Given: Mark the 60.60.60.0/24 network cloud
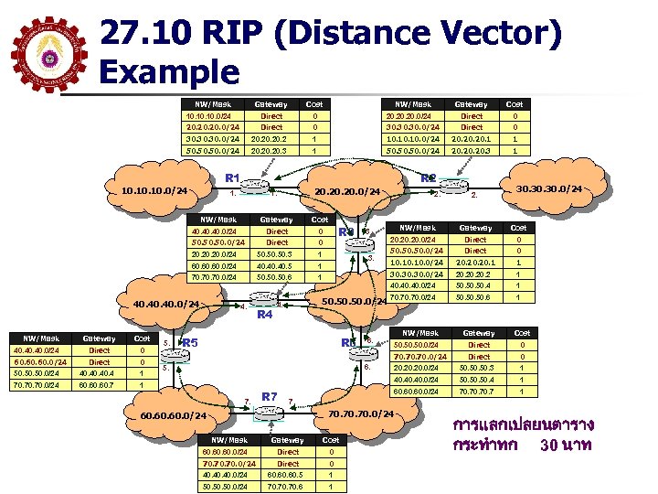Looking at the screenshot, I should coord(174,417).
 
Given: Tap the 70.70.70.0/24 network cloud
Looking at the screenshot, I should coord(360,414).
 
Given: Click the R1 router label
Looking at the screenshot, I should coord(232,177).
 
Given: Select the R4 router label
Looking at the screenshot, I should coord(266,315).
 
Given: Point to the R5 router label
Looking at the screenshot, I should coord(190,343).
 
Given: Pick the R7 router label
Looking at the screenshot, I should coord(270,396).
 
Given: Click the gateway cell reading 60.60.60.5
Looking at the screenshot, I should coord(288,474).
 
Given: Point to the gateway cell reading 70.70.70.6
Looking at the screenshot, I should coord(288,486).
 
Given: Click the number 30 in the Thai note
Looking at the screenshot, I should coord(551,446).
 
